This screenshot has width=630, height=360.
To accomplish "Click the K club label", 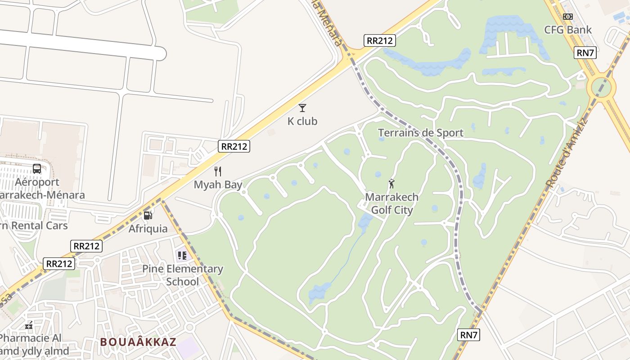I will point(302,121).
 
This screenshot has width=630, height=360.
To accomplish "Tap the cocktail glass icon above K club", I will point(302,108).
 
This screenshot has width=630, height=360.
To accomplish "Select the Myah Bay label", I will point(218,184).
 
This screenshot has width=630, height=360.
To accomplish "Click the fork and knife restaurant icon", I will point(218,171).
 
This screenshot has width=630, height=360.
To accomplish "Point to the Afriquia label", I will point(148,229).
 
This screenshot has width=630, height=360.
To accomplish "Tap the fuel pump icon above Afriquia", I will point(148,216).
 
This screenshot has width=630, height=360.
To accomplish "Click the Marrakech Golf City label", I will point(391,203).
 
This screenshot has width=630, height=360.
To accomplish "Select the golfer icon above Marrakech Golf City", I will point(391,184).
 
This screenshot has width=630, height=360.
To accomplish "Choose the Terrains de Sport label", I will point(420,133).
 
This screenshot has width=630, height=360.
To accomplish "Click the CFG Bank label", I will point(568,30).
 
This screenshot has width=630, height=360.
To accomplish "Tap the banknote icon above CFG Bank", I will point(568,17).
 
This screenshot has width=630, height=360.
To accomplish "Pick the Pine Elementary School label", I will point(183,275).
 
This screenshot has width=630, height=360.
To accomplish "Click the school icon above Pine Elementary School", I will point(182,256).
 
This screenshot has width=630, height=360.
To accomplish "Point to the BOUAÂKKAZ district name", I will point(138,342).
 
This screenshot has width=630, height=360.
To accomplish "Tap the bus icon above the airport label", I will point(37,169).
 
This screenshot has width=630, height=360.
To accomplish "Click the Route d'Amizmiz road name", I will point(567,153).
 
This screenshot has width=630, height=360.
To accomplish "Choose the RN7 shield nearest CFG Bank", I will point(585,53).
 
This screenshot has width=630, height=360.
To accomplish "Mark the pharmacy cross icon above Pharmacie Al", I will point(29,325).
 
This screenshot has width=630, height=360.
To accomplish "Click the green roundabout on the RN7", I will point(601,87).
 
